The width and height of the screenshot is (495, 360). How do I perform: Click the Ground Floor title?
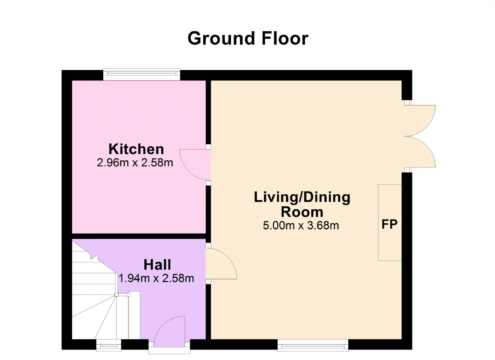coord(248,38)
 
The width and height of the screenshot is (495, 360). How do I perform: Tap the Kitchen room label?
coord(136,149)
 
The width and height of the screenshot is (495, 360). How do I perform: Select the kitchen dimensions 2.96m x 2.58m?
coord(135,163)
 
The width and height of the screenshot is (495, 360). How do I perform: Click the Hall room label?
coord(157,264)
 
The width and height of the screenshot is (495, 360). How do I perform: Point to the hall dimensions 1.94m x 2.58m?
coord(156,278)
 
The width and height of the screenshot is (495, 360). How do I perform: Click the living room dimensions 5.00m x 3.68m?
coord(301,226)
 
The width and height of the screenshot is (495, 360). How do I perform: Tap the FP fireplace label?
coord(389,224)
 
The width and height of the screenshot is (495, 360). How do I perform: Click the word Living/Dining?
coord(302,197)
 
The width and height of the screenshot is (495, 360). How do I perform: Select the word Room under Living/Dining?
coord(302,212)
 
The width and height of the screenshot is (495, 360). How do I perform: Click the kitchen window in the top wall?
coord(142,74)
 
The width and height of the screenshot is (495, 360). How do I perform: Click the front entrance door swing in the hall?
coord(169,331)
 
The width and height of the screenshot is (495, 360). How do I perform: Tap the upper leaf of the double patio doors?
coord(420,120)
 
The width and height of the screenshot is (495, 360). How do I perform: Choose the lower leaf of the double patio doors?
coord(420,152)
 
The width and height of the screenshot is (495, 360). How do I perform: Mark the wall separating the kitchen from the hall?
coord(139,236)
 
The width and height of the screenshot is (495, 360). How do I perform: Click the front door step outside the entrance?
coord(169,350)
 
